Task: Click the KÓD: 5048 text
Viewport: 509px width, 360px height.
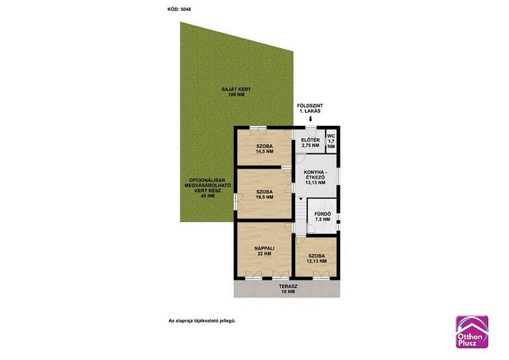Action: (179, 10)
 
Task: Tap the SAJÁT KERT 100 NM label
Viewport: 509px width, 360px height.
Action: (236, 92)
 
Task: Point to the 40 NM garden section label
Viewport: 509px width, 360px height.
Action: (208, 188)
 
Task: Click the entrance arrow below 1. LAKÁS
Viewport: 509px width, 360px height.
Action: (310, 119)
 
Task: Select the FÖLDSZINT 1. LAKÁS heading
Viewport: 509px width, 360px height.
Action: (310, 108)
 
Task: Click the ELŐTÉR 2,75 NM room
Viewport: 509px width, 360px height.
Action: (310, 142)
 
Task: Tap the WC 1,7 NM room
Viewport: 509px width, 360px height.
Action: (331, 142)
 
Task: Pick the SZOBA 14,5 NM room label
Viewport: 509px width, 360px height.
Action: (265, 149)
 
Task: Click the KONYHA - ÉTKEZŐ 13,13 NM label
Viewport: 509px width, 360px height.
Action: (315, 177)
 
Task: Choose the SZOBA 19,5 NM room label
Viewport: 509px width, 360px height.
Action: (265, 194)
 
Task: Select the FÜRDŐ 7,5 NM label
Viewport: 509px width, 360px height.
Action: (323, 216)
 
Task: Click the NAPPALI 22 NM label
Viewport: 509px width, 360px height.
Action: (265, 251)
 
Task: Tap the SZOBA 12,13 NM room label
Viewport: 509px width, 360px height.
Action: (316, 258)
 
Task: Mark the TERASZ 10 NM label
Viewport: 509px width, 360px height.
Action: (288, 289)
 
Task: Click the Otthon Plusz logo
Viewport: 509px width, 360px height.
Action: (472, 332)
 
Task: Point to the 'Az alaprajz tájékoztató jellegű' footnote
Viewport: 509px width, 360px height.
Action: (202, 321)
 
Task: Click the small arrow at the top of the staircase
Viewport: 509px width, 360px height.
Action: (301, 199)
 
